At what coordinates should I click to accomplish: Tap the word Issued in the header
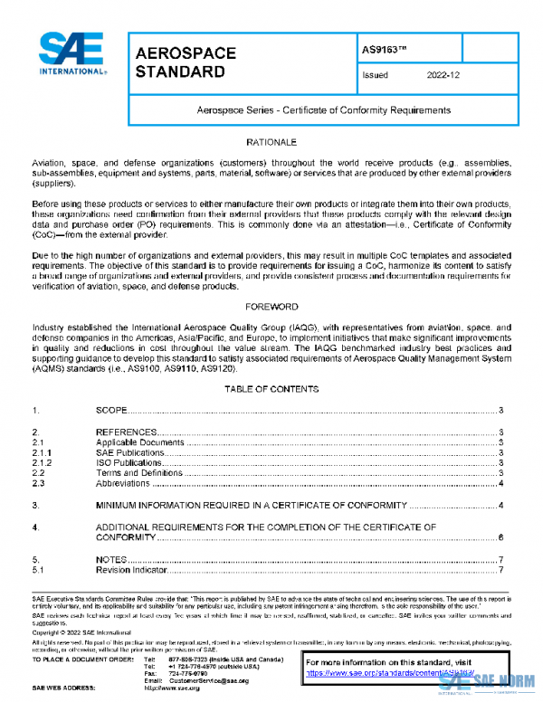tap(375, 76)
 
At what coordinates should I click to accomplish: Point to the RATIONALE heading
tap(271, 144)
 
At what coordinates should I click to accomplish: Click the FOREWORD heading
tap(271, 308)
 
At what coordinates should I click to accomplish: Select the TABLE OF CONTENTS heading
tap(271, 389)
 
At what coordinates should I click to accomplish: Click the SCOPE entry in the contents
tap(111, 412)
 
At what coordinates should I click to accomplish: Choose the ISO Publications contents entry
tap(129, 462)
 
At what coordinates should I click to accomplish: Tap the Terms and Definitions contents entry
tap(135, 472)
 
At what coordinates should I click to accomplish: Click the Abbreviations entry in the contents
tap(123, 483)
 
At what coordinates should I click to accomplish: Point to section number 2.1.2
tap(43, 462)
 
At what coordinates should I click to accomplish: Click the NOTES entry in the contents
tap(111, 560)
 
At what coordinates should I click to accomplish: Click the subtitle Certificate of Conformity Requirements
tap(323, 110)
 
